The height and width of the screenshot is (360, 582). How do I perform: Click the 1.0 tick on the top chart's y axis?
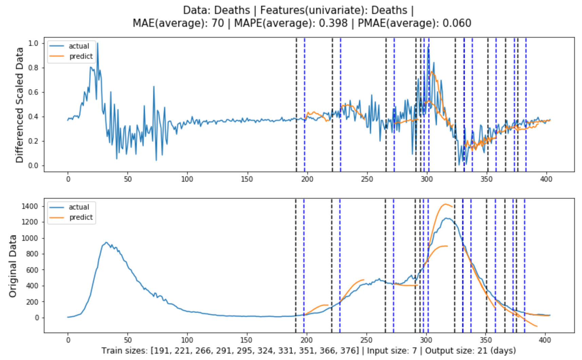[x=33, y=43]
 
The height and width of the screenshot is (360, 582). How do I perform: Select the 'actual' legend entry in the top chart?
[x=79, y=46]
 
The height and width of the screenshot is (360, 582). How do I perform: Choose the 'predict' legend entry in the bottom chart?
[x=81, y=217]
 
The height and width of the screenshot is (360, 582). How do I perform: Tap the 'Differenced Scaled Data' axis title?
[x=19, y=105]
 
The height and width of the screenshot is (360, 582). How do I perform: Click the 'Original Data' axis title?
[x=13, y=266]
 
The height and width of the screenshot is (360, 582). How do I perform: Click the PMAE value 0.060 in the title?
[x=457, y=23]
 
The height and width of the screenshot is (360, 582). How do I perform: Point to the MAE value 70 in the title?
[x=218, y=23]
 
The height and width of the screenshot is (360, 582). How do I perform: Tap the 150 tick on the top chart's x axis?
[x=247, y=179]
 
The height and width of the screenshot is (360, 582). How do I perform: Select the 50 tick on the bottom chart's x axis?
[x=128, y=340]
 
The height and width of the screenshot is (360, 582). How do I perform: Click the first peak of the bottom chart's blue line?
[x=106, y=242]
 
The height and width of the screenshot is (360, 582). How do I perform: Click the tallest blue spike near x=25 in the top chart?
[x=97, y=43]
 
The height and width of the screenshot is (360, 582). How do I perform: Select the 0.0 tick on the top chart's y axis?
[x=33, y=166]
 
